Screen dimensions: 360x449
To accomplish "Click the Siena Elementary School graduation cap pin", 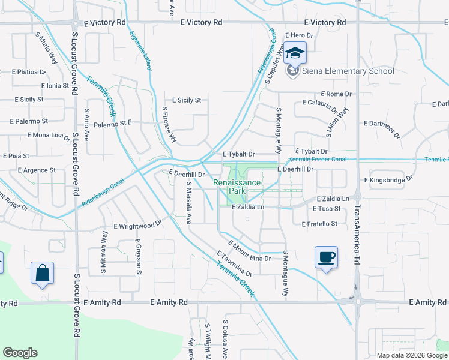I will [295, 54].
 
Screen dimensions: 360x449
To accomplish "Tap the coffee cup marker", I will [326, 257].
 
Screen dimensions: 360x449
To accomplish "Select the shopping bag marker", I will [43, 273].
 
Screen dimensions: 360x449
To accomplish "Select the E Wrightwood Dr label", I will [138, 226].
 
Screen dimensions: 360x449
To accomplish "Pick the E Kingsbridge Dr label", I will [388, 179].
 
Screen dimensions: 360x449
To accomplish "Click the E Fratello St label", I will [320, 223].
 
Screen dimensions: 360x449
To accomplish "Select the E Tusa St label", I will [327, 208].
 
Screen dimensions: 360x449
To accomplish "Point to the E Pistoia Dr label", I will [23, 71].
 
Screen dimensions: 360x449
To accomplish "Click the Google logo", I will [20, 353].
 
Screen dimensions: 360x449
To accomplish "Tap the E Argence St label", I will [35, 170].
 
